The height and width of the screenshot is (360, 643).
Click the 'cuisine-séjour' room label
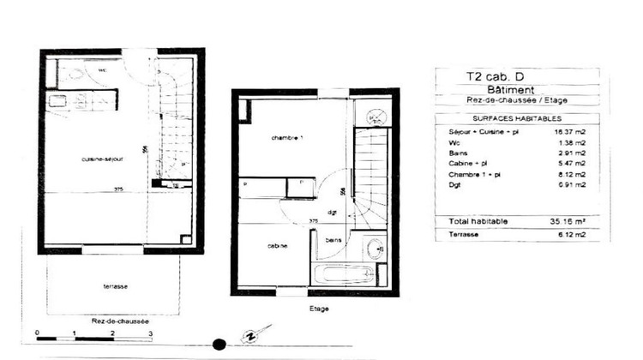click(x=100, y=159)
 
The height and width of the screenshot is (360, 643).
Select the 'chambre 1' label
click(x=287, y=138)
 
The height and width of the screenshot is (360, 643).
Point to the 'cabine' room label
click(x=276, y=246)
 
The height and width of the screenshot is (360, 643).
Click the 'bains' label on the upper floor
click(x=334, y=241)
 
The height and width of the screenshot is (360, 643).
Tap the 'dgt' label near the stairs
click(x=330, y=212)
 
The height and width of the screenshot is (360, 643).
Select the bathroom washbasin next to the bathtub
click(x=376, y=250)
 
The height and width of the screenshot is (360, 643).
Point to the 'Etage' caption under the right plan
click(x=317, y=308)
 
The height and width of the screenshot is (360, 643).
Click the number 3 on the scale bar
click(x=150, y=333)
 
